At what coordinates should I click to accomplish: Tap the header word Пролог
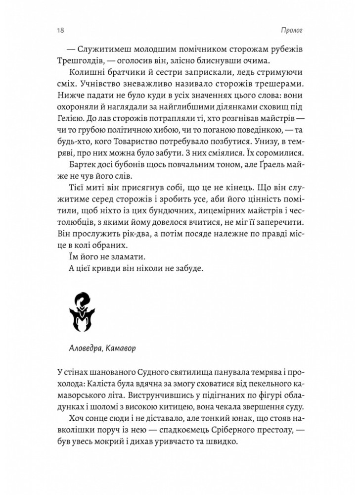coord(291,31)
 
